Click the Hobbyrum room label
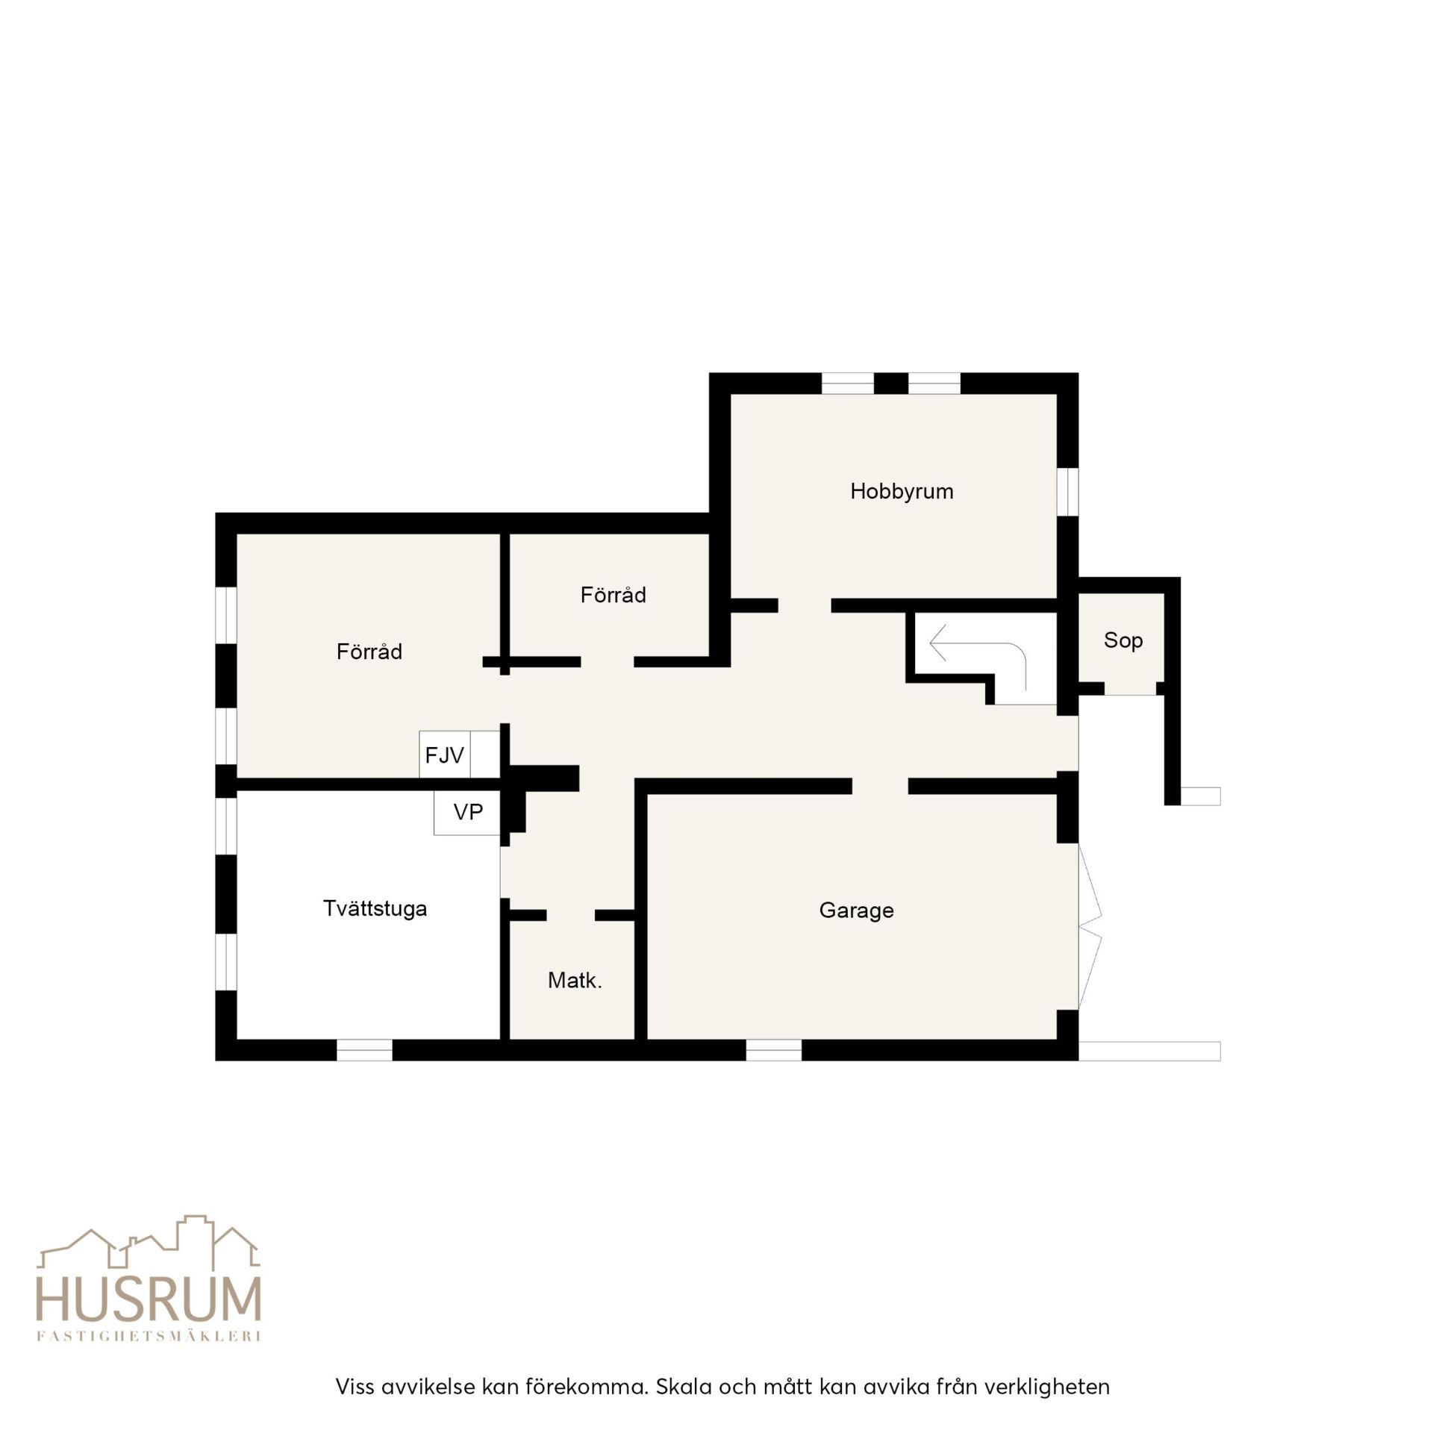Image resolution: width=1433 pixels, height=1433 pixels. (x=902, y=492)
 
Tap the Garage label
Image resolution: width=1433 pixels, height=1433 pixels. (x=856, y=911)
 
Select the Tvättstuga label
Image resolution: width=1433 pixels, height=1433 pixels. (x=375, y=908)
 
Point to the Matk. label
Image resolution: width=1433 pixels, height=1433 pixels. (x=575, y=980)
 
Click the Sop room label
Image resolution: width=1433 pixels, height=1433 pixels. (x=1123, y=640)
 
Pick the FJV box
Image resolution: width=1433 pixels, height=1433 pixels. (x=445, y=755)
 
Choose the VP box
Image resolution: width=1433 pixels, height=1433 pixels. (x=467, y=812)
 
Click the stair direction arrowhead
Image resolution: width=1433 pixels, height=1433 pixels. (x=938, y=643)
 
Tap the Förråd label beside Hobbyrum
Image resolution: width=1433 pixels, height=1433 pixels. (x=613, y=595)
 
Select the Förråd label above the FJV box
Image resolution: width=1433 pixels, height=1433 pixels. (x=369, y=652)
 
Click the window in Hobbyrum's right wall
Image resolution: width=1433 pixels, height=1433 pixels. (x=1068, y=492)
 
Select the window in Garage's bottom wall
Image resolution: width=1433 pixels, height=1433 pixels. (x=774, y=1050)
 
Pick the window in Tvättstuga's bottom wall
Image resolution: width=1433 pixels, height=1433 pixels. (x=364, y=1050)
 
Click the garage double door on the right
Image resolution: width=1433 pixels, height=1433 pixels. (x=1090, y=926)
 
